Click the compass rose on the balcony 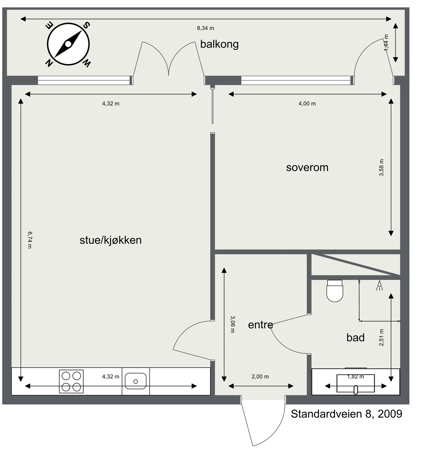(68, 44)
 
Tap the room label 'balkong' (219, 44)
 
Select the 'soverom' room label (307, 167)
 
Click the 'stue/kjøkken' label (111, 240)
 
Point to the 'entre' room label (260, 325)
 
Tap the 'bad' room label (355, 337)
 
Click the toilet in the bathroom (335, 291)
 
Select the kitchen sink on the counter (136, 381)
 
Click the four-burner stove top (71, 381)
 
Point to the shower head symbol (379, 286)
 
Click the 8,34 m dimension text (205, 28)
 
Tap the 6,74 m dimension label (30, 240)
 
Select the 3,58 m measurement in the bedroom (381, 167)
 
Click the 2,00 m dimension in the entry (260, 376)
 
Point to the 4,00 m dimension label (307, 103)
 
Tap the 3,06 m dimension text (232, 324)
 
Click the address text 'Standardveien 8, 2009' (346, 414)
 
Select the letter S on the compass (86, 25)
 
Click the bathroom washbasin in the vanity (356, 383)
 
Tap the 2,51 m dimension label (381, 337)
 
